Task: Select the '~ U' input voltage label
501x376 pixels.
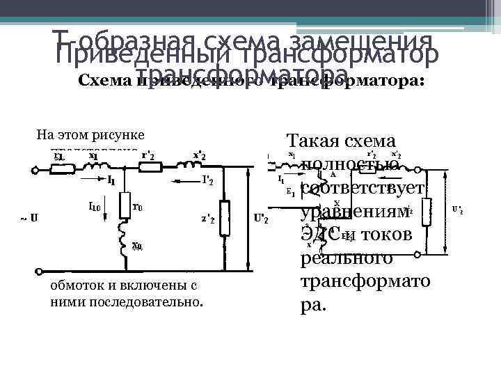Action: coord(29,218)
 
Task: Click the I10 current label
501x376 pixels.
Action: coord(95,206)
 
